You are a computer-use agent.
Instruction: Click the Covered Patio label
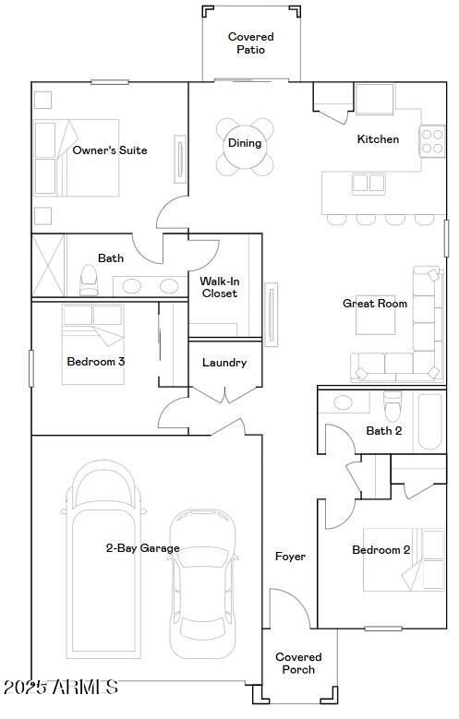point(251,43)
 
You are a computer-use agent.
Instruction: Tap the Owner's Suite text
point(110,150)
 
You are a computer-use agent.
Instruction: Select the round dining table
point(245,148)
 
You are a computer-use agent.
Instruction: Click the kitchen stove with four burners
point(433,140)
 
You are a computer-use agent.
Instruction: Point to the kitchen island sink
point(368,183)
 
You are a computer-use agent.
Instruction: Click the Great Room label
point(375,304)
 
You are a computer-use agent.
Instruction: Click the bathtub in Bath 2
point(429,421)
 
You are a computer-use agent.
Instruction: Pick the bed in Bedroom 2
point(402,559)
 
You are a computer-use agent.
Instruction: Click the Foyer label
point(290,557)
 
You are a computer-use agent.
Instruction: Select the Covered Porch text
point(298,664)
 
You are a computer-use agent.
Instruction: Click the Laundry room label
point(224,363)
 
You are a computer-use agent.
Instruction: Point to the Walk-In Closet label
point(219,287)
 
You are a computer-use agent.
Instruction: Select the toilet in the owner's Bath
point(90,279)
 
